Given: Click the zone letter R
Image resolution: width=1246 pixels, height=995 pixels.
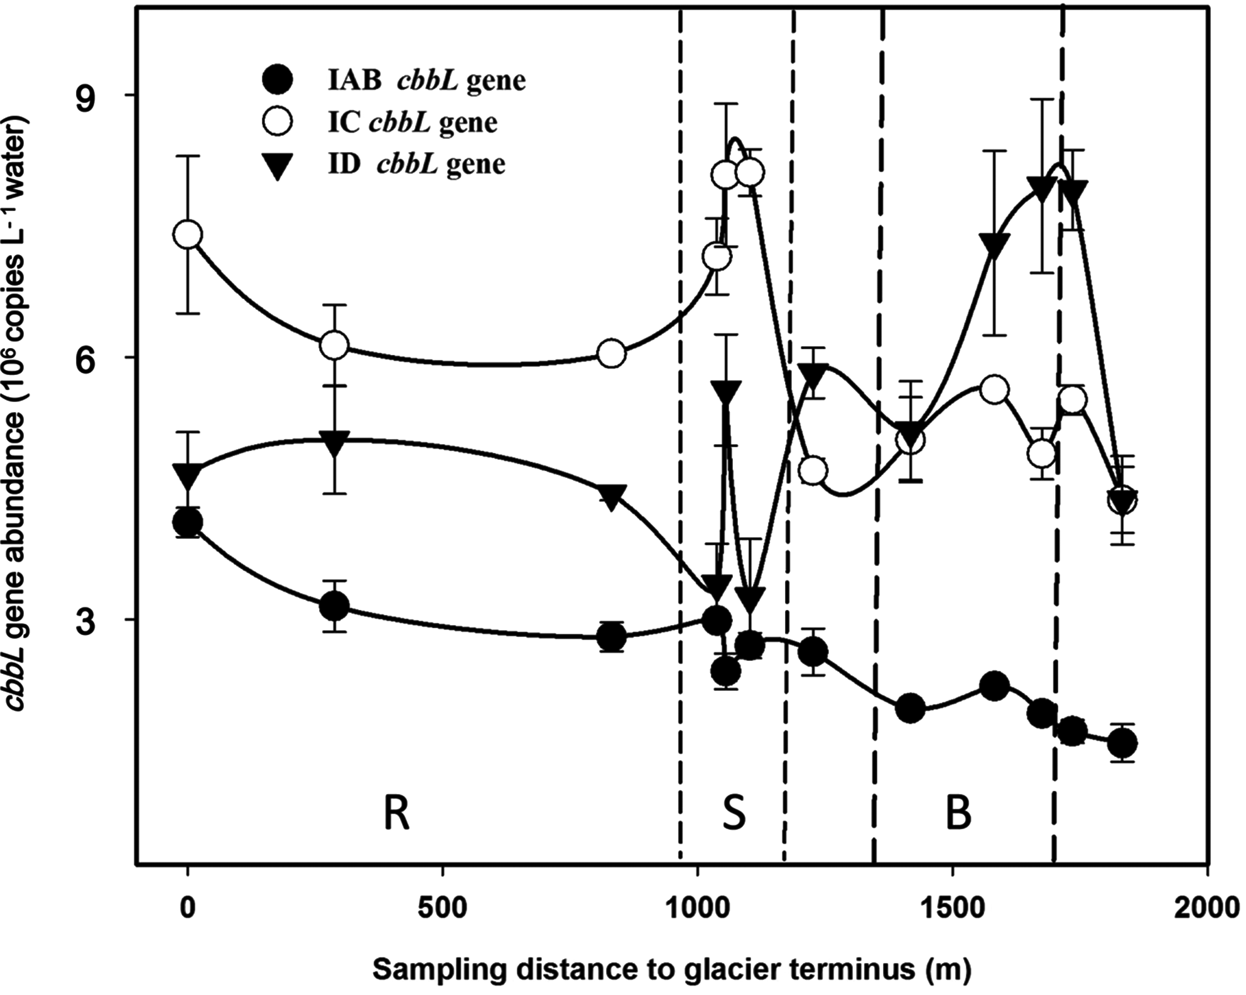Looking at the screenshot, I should [396, 815].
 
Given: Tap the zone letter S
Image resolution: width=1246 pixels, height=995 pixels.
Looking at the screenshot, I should [733, 813].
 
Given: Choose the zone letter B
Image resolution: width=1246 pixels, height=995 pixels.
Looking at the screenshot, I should [958, 815].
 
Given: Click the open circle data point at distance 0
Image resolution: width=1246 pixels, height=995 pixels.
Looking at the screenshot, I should [188, 235].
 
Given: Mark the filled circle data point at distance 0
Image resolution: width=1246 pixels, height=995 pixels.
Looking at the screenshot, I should [188, 522].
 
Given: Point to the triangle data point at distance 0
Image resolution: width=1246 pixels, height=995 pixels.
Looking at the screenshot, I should [188, 476].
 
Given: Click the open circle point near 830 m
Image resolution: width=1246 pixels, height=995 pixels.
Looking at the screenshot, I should [612, 354].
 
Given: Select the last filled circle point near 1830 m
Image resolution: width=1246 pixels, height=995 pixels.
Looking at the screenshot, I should [1122, 744].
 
